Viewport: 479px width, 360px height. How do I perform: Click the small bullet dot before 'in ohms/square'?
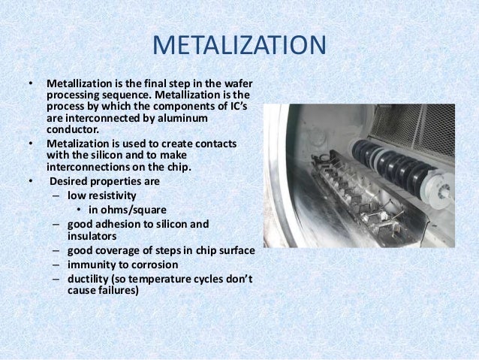(x=80, y=210)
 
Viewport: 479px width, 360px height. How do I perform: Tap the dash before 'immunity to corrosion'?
(x=57, y=265)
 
